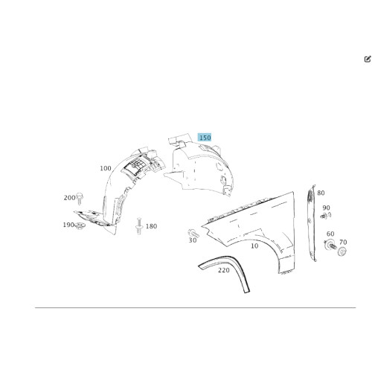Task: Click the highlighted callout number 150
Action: (205, 138)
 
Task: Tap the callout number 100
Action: (106, 168)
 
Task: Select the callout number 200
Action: (69, 198)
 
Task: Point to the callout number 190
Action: (68, 225)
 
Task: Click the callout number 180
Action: (151, 226)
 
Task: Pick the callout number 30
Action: (193, 240)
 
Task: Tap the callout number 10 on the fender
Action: (254, 246)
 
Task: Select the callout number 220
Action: (224, 270)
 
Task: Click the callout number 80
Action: (321, 193)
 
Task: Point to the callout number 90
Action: (326, 208)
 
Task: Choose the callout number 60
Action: (330, 234)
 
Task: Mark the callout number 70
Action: (343, 242)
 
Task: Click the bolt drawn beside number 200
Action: (80, 199)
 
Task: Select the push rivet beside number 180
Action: (139, 226)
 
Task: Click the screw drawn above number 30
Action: (193, 234)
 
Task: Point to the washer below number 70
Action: (342, 251)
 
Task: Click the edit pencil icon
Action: (368, 59)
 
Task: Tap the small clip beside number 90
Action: (326, 216)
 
